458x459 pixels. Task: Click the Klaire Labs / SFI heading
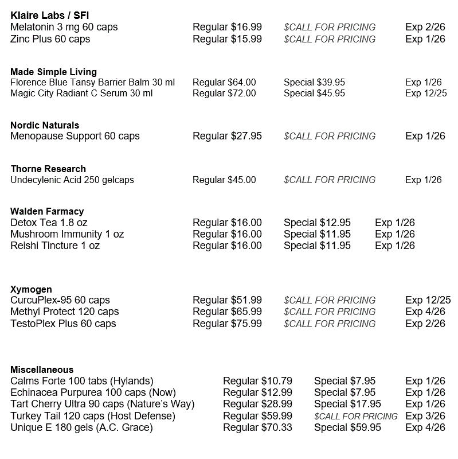(x=49, y=15)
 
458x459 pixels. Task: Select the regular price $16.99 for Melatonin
(x=227, y=27)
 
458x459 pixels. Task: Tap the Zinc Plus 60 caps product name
(x=50, y=39)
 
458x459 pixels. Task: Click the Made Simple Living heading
(x=53, y=72)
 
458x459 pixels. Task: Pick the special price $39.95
(x=314, y=82)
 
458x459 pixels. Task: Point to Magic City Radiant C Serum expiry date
(x=425, y=93)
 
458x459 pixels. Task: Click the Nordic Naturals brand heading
(x=45, y=125)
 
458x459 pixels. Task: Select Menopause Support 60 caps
(x=75, y=136)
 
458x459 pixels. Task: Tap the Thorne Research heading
(x=48, y=169)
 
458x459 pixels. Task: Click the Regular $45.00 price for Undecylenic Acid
(x=224, y=180)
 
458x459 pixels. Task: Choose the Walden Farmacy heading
(x=47, y=211)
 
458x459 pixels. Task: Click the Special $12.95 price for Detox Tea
(x=317, y=223)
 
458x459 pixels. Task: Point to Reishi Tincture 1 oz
(x=55, y=246)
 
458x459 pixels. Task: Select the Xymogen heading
(x=31, y=289)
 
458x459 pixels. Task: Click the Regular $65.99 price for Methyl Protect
(x=227, y=312)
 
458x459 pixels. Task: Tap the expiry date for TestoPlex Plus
(x=425, y=324)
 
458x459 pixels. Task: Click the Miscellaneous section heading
(x=42, y=369)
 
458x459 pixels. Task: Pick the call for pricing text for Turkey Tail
(x=355, y=416)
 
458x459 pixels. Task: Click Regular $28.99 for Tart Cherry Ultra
(x=257, y=404)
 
